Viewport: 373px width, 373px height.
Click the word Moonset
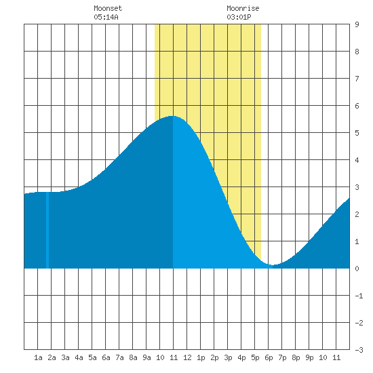[108, 8]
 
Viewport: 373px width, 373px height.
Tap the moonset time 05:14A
[106, 17]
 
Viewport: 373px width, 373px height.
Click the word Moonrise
[243, 8]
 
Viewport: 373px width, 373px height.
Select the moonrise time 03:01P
[239, 17]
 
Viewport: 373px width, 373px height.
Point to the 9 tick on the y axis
[357, 24]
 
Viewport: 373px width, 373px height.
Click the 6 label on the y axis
[357, 106]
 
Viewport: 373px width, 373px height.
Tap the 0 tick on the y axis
[357, 269]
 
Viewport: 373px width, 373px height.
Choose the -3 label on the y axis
[359, 350]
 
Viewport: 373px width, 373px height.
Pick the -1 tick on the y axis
[359, 296]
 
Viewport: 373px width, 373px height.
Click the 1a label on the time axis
[38, 357]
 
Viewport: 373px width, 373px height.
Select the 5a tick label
[92, 357]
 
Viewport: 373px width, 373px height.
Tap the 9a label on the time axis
[146, 357]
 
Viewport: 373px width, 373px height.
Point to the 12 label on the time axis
[187, 357]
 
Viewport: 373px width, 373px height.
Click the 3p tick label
[228, 357]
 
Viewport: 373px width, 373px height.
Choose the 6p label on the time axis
[269, 357]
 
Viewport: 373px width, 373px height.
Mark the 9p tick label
[309, 357]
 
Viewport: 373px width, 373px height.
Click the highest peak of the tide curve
[173, 116]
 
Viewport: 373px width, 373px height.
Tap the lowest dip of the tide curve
[273, 264]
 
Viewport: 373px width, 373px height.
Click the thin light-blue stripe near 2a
[47, 230]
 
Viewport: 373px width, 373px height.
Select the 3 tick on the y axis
[357, 187]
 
